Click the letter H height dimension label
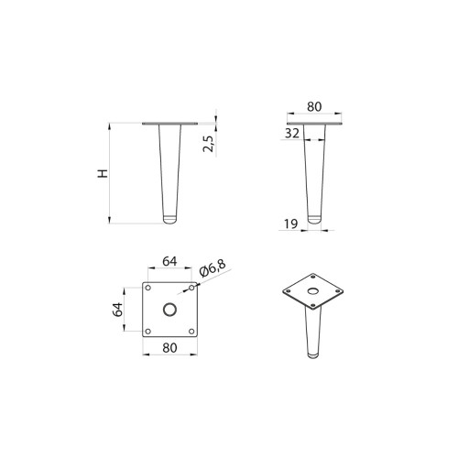(104, 172)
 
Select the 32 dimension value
(291, 133)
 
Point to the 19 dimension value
(291, 223)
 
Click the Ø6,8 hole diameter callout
(212, 268)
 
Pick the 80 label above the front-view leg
(314, 106)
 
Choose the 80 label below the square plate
(169, 347)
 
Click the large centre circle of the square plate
(169, 309)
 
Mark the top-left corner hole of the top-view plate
(148, 288)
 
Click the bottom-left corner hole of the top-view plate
(148, 330)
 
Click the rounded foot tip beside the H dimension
(169, 220)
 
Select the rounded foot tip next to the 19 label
(314, 220)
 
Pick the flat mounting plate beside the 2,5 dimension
(169, 123)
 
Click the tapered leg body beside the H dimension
(169, 169)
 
